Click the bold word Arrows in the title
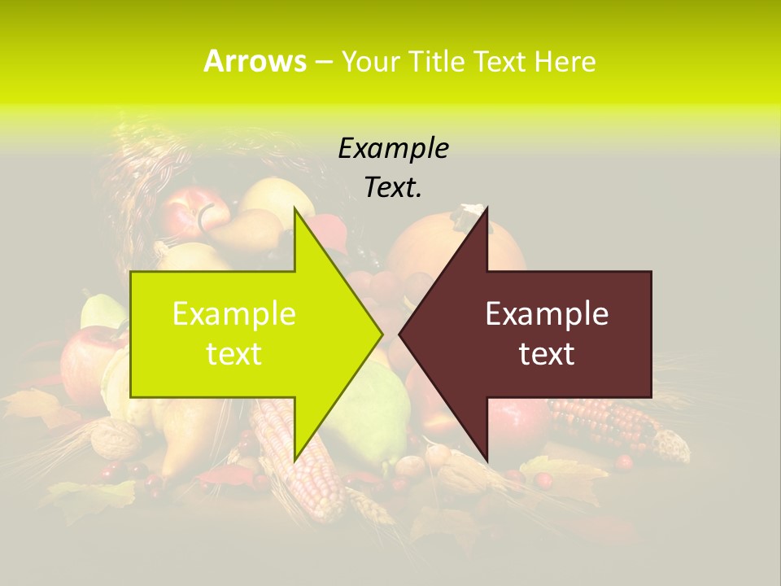(255, 61)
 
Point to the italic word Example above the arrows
(393, 149)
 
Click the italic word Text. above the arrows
(393, 188)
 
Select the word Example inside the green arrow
(234, 314)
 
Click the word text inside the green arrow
(234, 353)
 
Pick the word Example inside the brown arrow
(547, 314)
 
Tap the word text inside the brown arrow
(547, 353)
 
